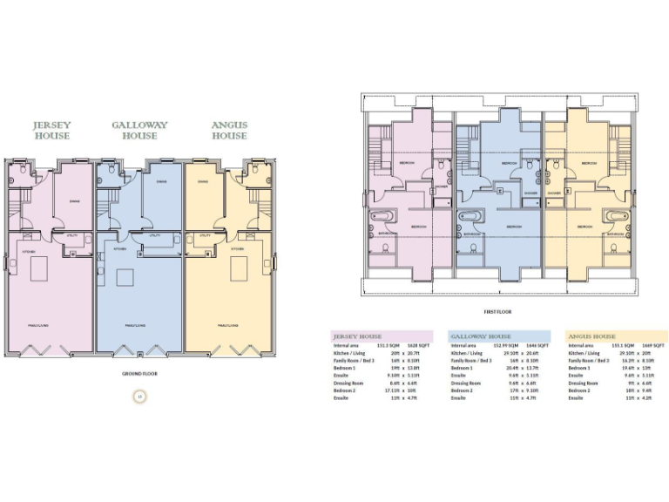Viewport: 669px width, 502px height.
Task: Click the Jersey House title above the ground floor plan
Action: tap(51, 131)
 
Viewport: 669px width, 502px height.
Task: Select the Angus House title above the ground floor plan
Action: tap(229, 131)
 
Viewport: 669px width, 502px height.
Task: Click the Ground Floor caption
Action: tap(139, 373)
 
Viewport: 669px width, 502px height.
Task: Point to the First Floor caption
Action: tap(497, 311)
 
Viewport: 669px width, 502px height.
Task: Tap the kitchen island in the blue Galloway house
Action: tap(125, 278)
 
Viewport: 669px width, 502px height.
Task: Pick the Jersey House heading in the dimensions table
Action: tap(358, 336)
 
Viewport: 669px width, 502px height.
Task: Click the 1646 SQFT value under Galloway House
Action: tap(539, 346)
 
